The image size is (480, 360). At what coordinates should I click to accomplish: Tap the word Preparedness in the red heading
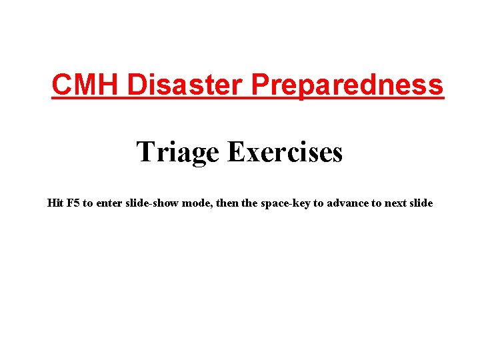[347, 86]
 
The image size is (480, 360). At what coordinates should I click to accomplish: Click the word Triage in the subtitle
[178, 153]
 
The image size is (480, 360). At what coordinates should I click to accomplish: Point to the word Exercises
[285, 151]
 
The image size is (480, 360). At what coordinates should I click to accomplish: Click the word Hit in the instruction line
[55, 203]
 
